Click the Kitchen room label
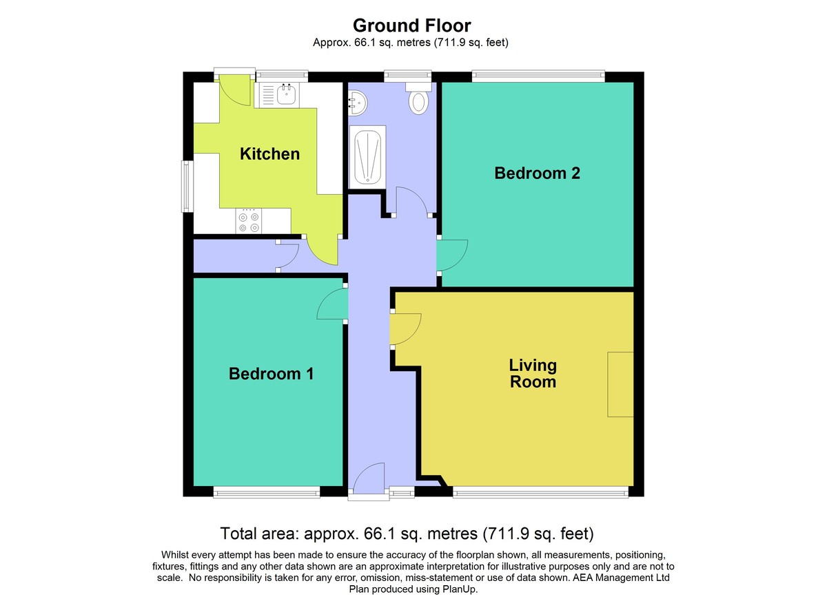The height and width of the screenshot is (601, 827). [x=269, y=154]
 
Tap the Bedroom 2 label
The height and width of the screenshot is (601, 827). [x=537, y=173]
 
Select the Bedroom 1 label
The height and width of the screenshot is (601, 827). [x=271, y=374]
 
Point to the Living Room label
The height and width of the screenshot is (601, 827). [x=532, y=373]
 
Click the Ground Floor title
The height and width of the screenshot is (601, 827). [x=411, y=25]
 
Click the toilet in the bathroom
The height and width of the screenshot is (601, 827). [x=418, y=98]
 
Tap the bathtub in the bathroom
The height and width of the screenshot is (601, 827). [x=368, y=157]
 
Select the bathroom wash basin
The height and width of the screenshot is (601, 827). [x=358, y=103]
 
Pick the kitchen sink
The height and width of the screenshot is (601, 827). [x=279, y=95]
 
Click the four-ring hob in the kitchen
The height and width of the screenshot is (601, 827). [x=249, y=221]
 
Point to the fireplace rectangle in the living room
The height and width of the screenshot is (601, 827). [x=620, y=384]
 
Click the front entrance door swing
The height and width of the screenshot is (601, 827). [x=368, y=477]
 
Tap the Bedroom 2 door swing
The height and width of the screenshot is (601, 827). [x=453, y=256]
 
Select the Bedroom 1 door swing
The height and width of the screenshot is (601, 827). [x=332, y=304]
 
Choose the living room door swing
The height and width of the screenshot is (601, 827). [x=405, y=329]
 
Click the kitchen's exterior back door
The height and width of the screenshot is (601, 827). [x=234, y=89]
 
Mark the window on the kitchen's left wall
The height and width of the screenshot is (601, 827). [x=187, y=186]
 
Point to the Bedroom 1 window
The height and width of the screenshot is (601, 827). [x=267, y=492]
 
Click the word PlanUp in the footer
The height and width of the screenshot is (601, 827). [x=462, y=589]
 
